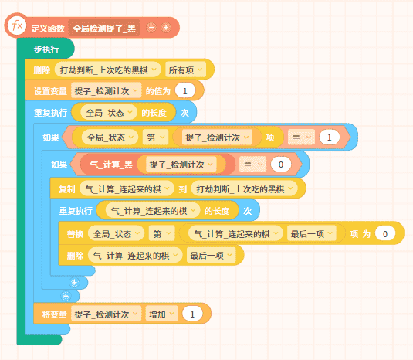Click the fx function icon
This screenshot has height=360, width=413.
tap(17, 25)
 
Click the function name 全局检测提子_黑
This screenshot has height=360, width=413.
tap(104, 29)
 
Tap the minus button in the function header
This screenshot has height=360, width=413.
tap(151, 28)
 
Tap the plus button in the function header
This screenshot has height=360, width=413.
tap(166, 28)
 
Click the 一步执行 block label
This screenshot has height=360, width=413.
tap(42, 49)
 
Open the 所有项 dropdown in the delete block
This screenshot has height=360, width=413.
tap(185, 70)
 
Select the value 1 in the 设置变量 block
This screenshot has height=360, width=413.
tap(185, 91)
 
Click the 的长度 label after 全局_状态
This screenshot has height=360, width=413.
tap(154, 113)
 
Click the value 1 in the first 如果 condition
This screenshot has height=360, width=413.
tap(329, 138)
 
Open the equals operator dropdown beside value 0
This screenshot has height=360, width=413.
tap(252, 165)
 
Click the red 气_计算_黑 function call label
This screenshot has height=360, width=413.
tap(111, 165)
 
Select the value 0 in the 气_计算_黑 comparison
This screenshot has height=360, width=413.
tap(281, 165)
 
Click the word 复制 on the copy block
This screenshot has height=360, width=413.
tap(66, 189)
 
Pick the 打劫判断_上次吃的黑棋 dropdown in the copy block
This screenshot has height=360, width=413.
tap(245, 188)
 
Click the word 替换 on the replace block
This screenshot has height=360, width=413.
tap(75, 234)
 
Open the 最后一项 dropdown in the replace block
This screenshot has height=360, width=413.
tap(312, 233)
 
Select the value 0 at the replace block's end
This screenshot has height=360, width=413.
tap(385, 233)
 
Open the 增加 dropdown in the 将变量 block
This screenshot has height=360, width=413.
tap(161, 314)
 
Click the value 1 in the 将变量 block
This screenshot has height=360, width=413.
tap(192, 314)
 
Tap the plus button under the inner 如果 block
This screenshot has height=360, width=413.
tap(74, 283)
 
